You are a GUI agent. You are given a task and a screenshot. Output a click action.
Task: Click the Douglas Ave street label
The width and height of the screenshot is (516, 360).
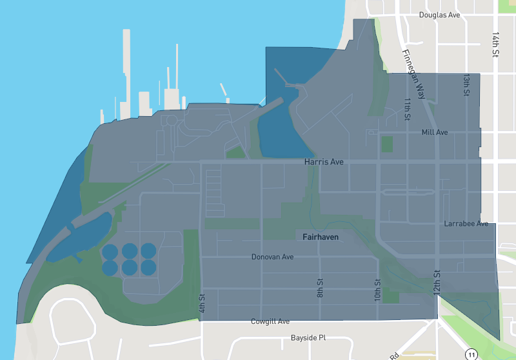click(439, 15)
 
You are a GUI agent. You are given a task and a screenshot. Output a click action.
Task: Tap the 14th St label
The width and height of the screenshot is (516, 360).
click(495, 45)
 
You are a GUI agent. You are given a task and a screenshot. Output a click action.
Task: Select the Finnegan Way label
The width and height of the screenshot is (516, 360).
click(413, 74)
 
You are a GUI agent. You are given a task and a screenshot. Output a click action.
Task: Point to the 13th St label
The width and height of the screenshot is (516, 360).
click(466, 85)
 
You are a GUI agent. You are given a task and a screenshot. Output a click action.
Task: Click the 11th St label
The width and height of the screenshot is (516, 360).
click(408, 109)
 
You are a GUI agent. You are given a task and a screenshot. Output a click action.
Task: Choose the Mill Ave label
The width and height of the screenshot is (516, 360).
click(434, 132)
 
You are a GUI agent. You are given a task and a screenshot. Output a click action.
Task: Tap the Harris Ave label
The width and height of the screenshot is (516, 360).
click(324, 162)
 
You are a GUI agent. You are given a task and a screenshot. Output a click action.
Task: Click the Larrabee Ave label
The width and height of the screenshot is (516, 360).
click(466, 224)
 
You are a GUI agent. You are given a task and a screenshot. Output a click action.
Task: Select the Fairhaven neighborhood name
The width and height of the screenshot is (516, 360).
click(321, 237)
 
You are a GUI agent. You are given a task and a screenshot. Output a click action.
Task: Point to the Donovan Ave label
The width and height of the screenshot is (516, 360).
click(272, 257)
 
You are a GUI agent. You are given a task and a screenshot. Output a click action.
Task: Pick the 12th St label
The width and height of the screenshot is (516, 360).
click(437, 283)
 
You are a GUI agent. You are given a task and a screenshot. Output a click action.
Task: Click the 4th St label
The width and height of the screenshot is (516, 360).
click(202, 304)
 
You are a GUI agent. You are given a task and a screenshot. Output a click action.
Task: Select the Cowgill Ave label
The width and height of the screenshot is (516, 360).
click(270, 321)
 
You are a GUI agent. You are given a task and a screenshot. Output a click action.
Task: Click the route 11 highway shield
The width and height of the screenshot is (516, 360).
click(471, 354)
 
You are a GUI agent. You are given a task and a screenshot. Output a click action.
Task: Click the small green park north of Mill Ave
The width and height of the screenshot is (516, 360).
click(387, 143)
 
